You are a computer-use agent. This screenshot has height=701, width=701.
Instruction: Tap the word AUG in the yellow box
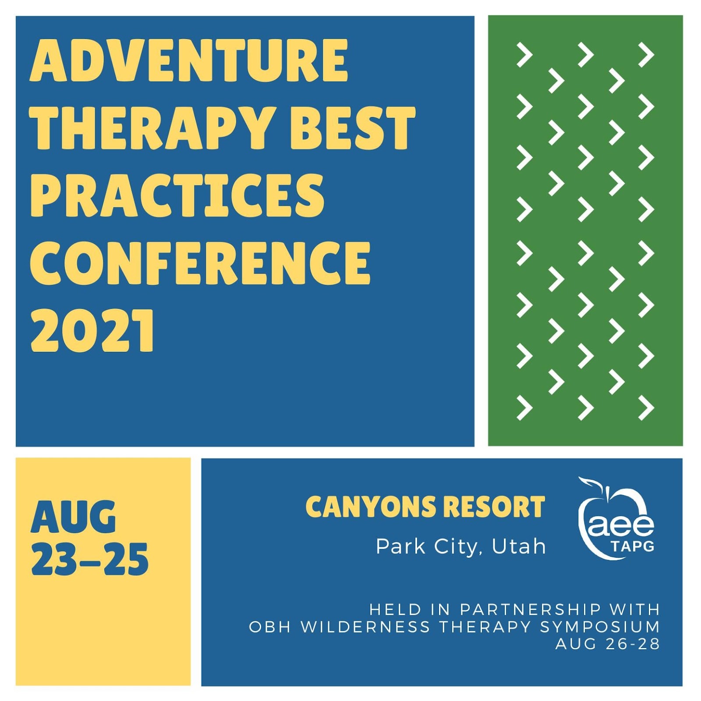74,517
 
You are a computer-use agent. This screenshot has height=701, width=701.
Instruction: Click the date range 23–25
90,559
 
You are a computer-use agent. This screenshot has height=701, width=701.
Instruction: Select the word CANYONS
370,507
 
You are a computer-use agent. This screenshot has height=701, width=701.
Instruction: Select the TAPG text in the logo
632,546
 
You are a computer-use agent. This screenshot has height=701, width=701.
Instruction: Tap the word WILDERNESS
365,627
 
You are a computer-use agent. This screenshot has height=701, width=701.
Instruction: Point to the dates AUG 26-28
608,644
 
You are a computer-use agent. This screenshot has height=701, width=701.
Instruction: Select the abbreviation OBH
270,627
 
